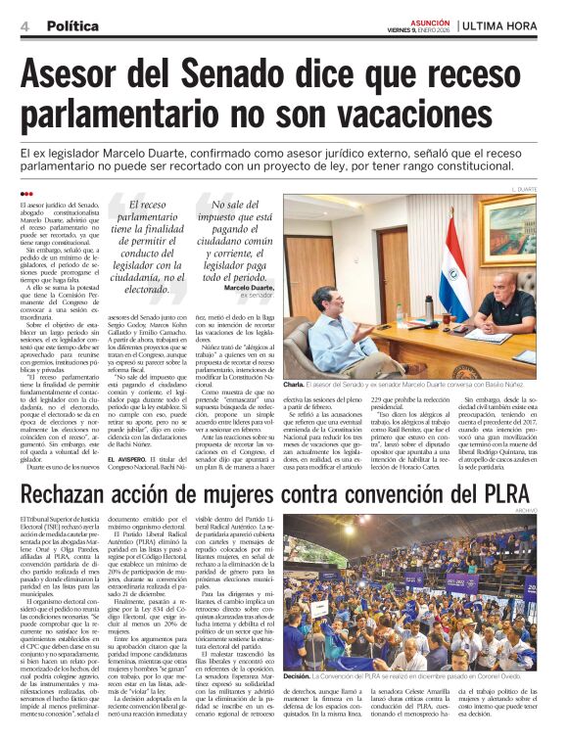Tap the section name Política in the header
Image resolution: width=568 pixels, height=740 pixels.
pos(71,24)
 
